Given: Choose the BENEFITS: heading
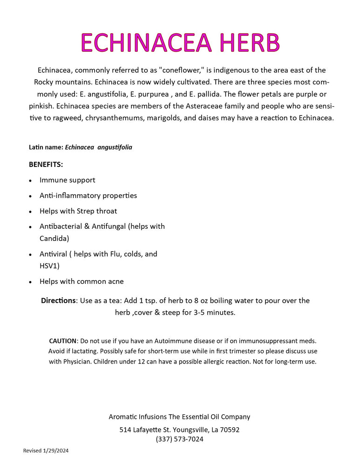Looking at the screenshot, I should point(46,164).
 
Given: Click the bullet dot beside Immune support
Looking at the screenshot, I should point(30,181).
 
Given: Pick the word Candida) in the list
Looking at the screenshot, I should point(54,239).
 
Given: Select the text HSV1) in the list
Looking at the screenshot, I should point(49,266).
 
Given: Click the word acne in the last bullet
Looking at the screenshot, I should point(116,281).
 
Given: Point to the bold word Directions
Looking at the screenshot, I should point(58,301).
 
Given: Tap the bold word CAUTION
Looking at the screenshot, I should point(62,341).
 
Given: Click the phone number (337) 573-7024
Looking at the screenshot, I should point(180,439).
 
